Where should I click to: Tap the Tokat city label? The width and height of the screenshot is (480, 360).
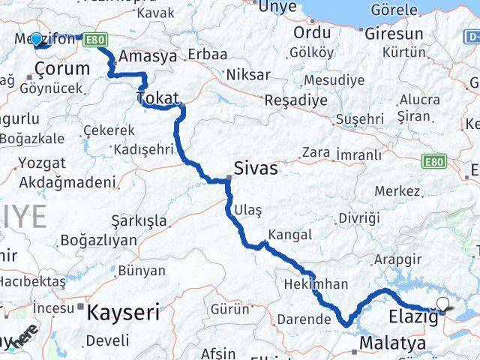tap(157, 98)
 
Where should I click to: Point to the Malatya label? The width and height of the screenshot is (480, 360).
tap(392, 343)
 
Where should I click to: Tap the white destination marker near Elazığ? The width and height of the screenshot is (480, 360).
tap(443, 304)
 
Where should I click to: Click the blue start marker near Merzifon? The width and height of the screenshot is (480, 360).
tap(36, 38)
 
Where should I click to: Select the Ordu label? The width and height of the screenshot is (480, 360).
tap(312, 33)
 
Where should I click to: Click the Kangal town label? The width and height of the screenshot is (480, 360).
tap(289, 235)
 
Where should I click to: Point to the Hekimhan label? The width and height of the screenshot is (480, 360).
tap(316, 284)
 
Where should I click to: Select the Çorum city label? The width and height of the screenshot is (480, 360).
tap(63, 69)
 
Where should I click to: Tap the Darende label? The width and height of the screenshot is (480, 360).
tap(303, 319)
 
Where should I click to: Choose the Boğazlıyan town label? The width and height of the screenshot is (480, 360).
tap(98, 241)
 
